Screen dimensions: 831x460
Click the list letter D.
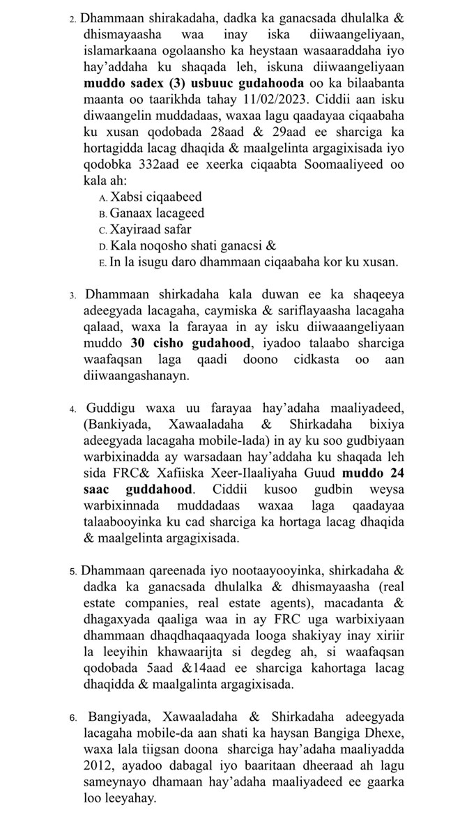pyautogui.click(x=103, y=246)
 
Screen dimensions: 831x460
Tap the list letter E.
pyautogui.click(x=103, y=263)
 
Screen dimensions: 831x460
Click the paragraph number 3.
pyautogui.click(x=72, y=294)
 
